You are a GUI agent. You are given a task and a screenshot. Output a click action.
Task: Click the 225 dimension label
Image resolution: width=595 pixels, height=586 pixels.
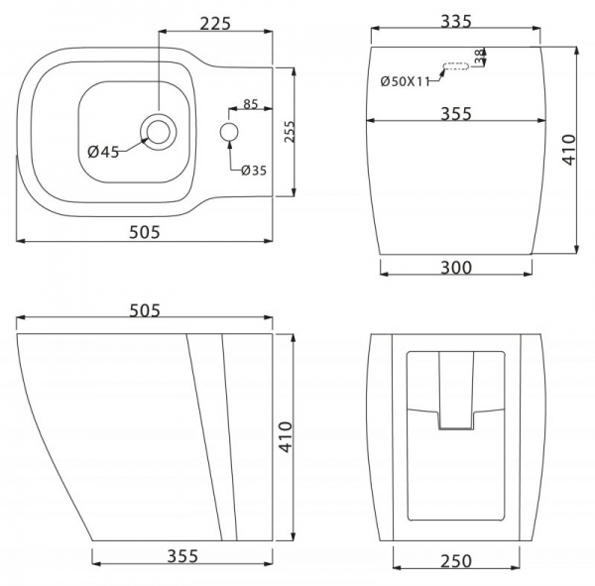215,24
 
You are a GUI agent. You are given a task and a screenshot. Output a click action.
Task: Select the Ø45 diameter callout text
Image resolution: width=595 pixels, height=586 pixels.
103,152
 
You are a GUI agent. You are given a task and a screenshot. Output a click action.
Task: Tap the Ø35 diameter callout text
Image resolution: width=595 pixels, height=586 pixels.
254,171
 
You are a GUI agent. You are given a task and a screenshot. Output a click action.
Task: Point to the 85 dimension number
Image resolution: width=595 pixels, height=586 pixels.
251,104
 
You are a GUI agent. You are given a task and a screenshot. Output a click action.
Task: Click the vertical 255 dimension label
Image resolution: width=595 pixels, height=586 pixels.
290,132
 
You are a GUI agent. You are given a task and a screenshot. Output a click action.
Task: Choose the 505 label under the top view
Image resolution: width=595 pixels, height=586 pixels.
145,232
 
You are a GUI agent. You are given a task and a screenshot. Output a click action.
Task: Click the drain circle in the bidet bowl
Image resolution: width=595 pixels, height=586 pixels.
159,132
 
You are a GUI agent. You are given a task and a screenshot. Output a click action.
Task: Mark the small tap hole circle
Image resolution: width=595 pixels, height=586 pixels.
229,132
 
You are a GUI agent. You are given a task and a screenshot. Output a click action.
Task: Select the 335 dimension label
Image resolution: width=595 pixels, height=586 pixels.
456,21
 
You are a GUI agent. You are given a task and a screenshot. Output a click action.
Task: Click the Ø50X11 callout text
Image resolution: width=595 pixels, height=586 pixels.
405,81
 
